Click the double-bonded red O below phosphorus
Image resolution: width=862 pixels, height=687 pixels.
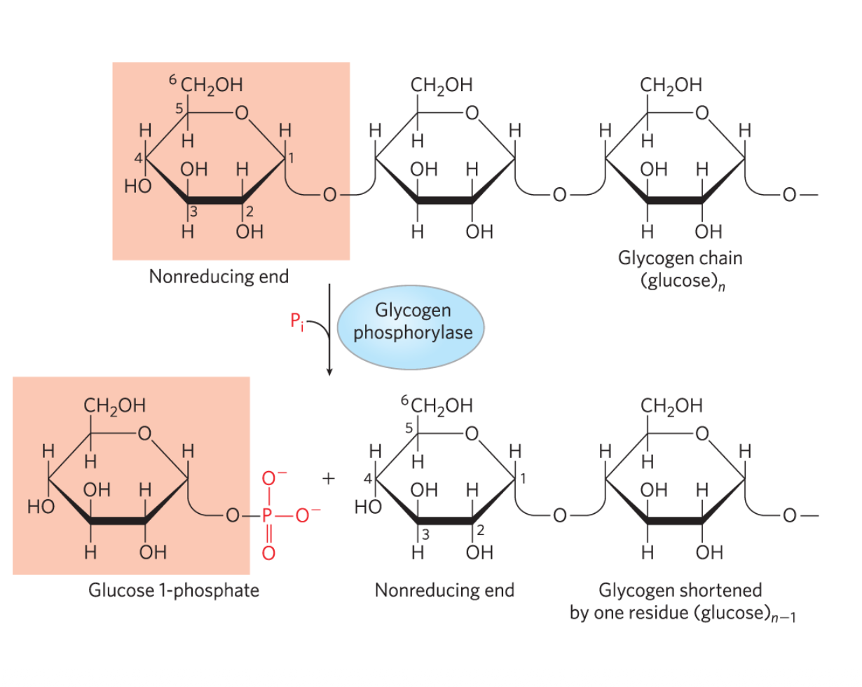coord(266,553)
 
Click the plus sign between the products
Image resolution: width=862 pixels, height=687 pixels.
coord(328,479)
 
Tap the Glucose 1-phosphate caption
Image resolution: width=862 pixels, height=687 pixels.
coord(173,590)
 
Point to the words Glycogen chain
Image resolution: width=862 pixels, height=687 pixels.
coord(680,258)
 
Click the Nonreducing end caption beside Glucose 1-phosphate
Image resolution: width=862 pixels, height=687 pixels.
coord(444,590)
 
